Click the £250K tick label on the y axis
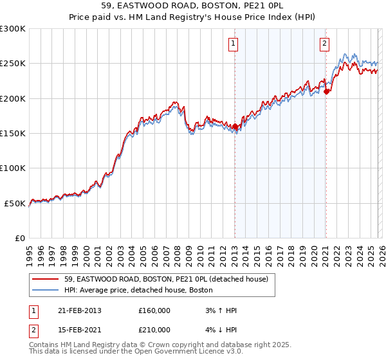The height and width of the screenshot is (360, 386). click(13, 64)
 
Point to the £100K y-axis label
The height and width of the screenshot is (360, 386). click(13, 168)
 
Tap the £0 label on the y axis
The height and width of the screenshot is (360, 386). click(19, 238)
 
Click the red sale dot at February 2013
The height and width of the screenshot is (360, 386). click(235, 127)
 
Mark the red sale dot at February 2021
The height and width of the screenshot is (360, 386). click(326, 91)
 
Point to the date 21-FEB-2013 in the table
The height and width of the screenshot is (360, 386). click(80, 310)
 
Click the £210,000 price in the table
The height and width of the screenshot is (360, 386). click(154, 329)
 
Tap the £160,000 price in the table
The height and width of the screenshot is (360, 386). click(154, 310)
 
